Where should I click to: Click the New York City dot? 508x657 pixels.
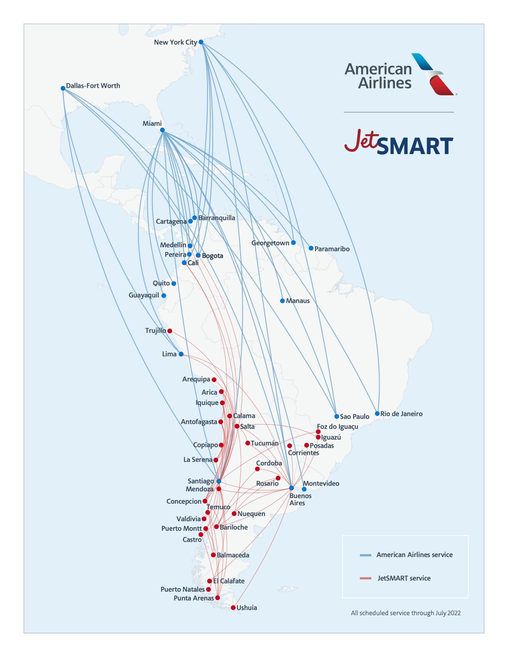tap(201, 42)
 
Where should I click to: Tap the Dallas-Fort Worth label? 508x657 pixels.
tap(93, 86)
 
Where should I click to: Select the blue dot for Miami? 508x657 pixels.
tap(162, 130)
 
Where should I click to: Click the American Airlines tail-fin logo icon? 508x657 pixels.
tap(433, 74)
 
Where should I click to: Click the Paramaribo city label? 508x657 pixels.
tap(332, 249)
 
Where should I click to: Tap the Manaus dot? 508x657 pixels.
tap(282, 301)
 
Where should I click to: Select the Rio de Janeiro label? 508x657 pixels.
tap(401, 414)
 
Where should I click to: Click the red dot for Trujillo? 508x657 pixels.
tap(170, 331)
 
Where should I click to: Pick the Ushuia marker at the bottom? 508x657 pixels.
tap(233, 608)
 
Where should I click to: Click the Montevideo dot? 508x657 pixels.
tap(304, 489)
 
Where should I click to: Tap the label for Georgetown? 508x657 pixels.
tap(270, 243)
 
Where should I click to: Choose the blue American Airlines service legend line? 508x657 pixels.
tap(365, 555)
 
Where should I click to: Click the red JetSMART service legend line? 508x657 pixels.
tap(365, 578)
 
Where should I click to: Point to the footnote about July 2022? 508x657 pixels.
tap(406, 613)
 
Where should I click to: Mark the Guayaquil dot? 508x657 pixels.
tap(163, 295)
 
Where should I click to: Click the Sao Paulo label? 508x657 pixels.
tap(355, 416)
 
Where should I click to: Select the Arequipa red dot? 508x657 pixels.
tap(214, 379)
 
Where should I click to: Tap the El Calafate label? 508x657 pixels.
tap(229, 581)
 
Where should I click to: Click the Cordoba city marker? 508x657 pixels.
tap(257, 469)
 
